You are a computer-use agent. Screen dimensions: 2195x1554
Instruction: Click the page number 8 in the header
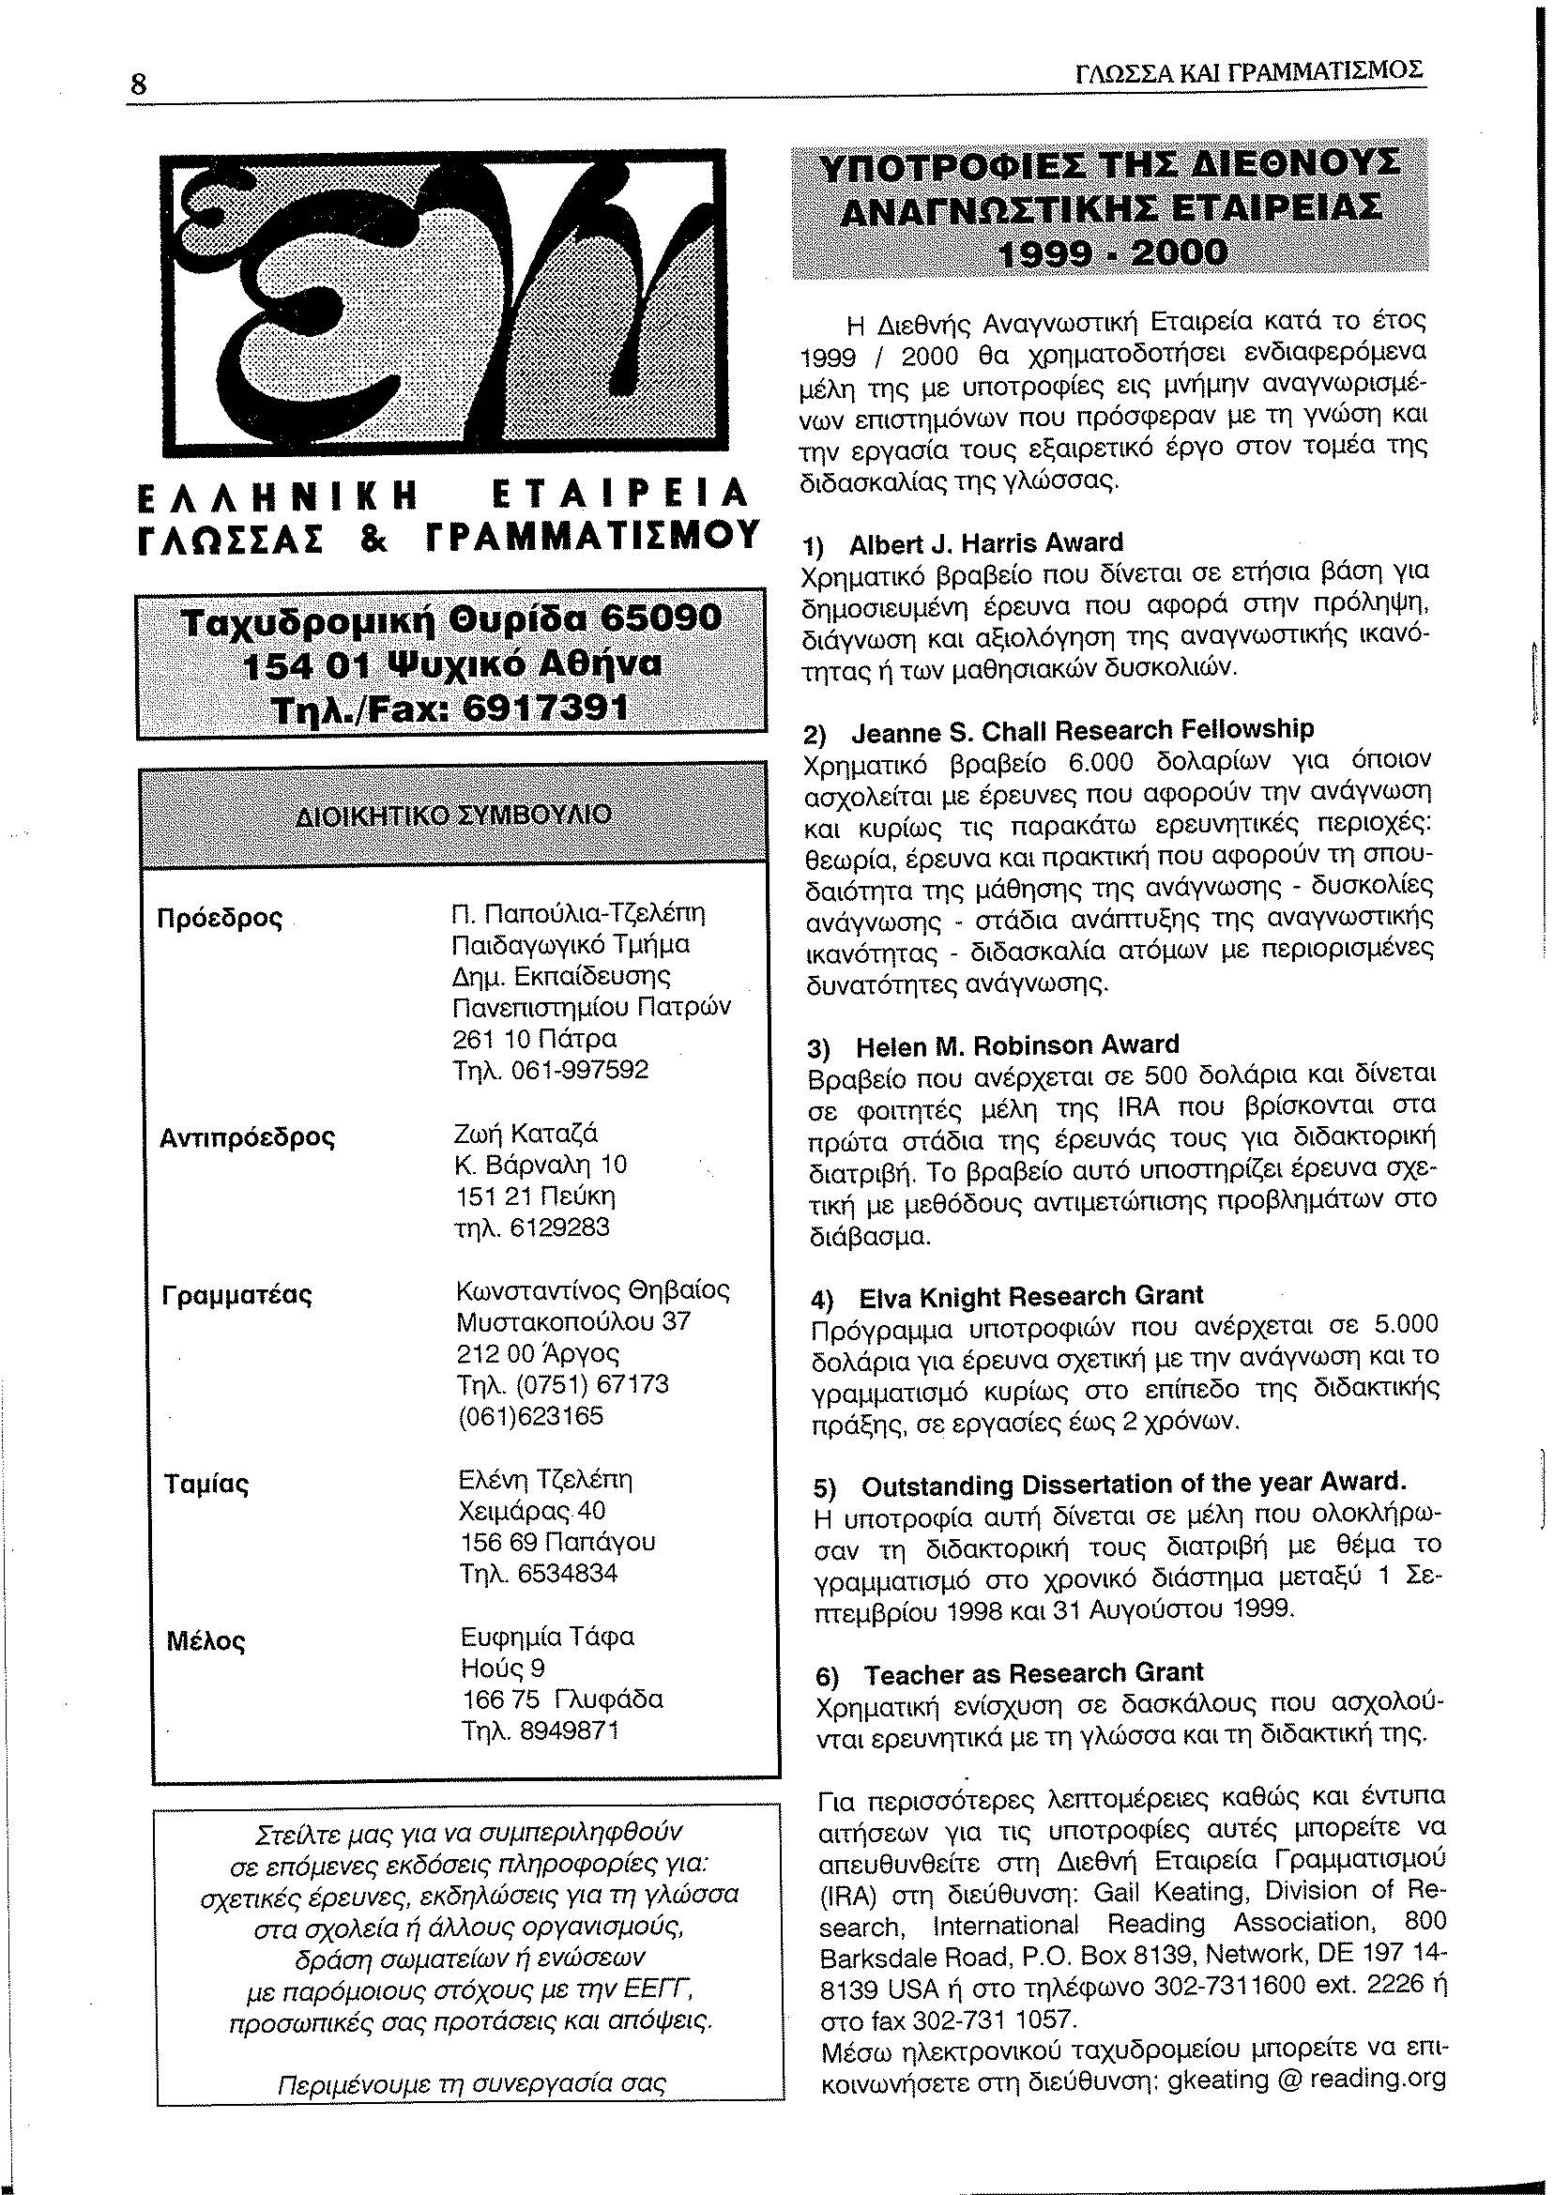tap(140, 84)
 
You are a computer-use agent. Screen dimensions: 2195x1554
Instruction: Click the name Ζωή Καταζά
tap(526, 1134)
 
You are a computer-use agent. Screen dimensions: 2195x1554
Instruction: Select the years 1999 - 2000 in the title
tap(1111, 253)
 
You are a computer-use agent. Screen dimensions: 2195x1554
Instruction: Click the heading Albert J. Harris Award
tap(985, 543)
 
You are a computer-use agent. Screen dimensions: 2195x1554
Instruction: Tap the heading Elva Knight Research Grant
tap(1030, 1297)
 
